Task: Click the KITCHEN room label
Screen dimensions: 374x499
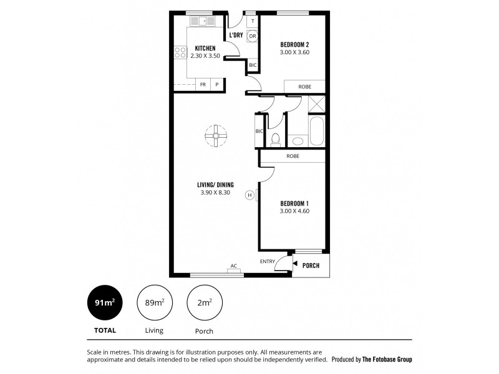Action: (x=205, y=49)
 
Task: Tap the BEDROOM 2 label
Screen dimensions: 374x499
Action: (x=295, y=44)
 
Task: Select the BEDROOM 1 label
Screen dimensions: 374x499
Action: (x=295, y=203)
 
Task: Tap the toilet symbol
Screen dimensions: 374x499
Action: (x=275, y=138)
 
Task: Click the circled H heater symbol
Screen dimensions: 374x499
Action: (x=250, y=194)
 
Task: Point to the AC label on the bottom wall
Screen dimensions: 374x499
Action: (x=234, y=266)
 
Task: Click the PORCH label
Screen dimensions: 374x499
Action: (x=311, y=266)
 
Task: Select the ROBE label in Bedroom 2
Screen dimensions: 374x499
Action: (x=304, y=86)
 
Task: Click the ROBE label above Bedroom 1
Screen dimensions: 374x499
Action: (x=293, y=156)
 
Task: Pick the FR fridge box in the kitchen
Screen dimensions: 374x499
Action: (x=203, y=85)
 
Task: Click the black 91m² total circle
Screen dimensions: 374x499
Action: (x=104, y=303)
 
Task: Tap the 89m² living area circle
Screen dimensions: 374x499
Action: (x=154, y=303)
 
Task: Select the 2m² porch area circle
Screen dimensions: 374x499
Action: (x=205, y=303)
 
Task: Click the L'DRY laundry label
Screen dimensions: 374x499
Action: (x=236, y=36)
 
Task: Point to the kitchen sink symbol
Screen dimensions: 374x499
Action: (x=201, y=21)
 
